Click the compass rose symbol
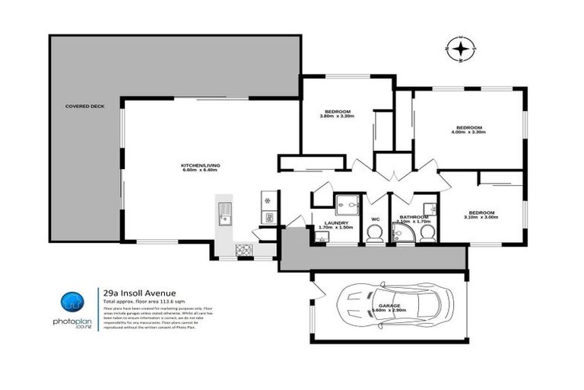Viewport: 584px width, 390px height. [460, 50]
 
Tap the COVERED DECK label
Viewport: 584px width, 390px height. [84, 107]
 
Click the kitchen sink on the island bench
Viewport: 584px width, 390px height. [226, 213]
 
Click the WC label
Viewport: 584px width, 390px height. [375, 220]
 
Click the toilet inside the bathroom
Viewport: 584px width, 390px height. [427, 232]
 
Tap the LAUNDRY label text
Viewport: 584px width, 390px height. [335, 222]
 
